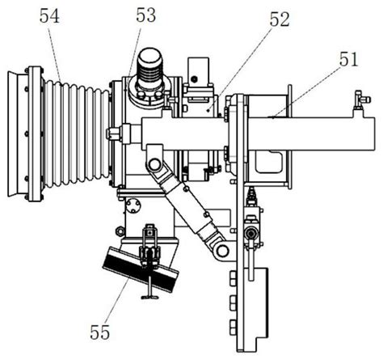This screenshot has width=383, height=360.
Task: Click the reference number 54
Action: click(x=49, y=16)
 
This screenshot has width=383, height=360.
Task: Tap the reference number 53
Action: click(x=145, y=15)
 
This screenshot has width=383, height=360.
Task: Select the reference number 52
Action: click(x=280, y=19)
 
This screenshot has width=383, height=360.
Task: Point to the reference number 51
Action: click(x=349, y=59)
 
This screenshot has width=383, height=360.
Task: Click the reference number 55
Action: click(x=100, y=332)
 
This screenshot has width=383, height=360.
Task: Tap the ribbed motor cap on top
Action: click(x=150, y=66)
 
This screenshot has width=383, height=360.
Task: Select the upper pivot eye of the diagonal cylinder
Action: click(x=154, y=164)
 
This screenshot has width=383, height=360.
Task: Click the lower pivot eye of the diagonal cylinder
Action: click(x=222, y=251)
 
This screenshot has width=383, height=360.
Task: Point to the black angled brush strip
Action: click(x=141, y=269)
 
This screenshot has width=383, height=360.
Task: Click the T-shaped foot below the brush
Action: click(x=149, y=297)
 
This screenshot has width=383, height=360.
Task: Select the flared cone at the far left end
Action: click(x=12, y=134)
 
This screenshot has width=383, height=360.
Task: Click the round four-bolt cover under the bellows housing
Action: click(x=133, y=205)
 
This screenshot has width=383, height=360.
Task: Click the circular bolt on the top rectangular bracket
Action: click(x=193, y=79)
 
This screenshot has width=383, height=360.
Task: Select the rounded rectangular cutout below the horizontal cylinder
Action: click(x=268, y=162)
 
